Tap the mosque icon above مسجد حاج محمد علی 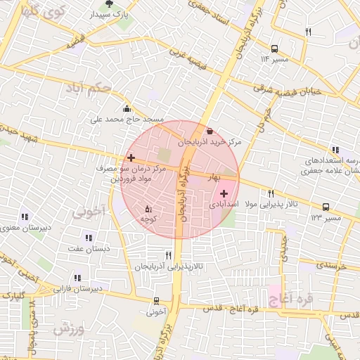coord(127,108)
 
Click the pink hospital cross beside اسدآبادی coord(224,193)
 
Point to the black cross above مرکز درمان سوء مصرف coord(131,158)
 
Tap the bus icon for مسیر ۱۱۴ coord(274,49)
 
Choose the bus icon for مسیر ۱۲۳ coord(326,207)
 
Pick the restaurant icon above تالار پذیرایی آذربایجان coord(168,255)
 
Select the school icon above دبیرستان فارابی coord(77,278)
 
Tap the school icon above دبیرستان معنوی coord(25,217)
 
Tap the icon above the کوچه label coord(148,209)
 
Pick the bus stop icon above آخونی coord(157,301)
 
